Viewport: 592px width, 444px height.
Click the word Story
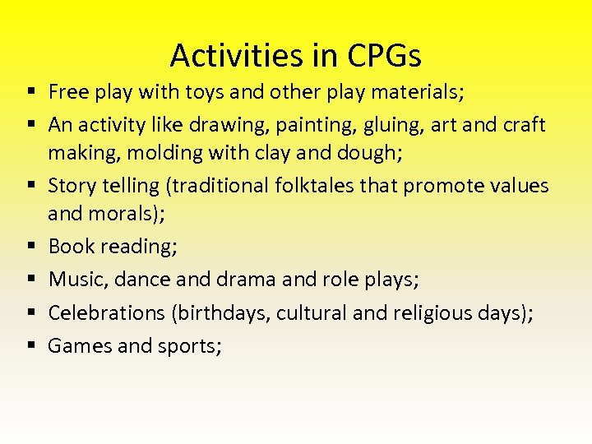point(73,186)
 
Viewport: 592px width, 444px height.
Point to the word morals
point(125,213)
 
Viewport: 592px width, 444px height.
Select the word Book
point(72,247)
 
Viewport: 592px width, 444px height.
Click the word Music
point(76,280)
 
